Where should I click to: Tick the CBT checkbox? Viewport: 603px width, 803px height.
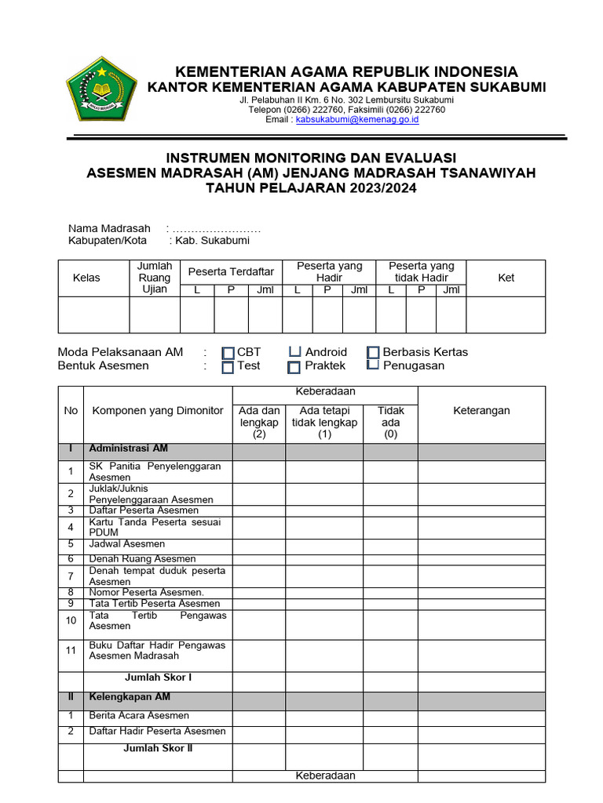[228, 353]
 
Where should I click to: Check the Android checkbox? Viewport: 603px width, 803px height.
[294, 352]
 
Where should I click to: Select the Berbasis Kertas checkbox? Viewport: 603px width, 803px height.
[373, 353]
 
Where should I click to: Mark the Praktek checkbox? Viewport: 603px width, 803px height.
[294, 367]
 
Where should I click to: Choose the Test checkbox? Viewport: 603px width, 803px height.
[228, 367]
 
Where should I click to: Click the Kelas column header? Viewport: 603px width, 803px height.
[86, 278]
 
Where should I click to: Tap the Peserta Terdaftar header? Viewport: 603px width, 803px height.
[231, 271]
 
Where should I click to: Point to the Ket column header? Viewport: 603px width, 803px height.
[506, 278]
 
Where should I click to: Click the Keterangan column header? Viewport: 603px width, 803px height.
[481, 410]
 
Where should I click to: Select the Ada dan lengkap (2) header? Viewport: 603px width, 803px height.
[259, 422]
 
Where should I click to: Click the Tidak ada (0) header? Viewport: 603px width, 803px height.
[390, 422]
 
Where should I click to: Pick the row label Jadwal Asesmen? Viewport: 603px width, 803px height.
[127, 544]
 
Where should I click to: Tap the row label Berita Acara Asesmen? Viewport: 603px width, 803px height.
[139, 715]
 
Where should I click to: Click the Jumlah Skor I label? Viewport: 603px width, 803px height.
[158, 677]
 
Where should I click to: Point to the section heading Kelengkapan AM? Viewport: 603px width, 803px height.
[130, 697]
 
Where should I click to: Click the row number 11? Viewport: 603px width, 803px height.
[71, 650]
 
